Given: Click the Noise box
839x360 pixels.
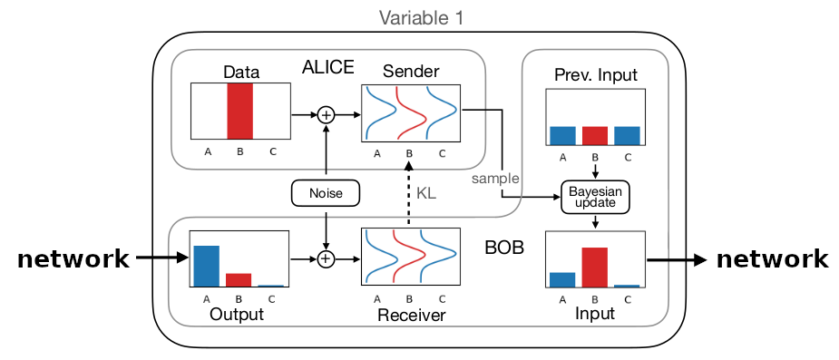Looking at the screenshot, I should [325, 192].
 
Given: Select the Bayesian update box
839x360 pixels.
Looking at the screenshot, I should [594, 196].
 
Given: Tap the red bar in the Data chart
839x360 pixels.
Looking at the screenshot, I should [240, 112].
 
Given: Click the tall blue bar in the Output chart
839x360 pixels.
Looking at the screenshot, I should [206, 266].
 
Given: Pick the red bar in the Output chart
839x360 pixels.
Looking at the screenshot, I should [239, 279].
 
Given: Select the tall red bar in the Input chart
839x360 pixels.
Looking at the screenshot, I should [594, 267].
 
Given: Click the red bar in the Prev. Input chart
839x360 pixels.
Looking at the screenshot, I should [594, 135].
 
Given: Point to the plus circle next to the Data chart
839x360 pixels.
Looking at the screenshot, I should [325, 114].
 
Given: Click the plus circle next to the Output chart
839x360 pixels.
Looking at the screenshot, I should [325, 259].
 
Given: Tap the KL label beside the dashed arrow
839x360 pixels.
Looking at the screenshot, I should [425, 193].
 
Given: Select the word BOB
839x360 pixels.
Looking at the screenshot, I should [503, 247].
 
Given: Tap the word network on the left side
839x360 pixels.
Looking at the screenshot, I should [73, 259].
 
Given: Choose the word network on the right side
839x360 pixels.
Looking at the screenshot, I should [772, 259].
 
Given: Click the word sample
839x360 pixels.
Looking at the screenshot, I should [491, 179].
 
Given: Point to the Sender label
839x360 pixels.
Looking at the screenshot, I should [410, 72].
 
